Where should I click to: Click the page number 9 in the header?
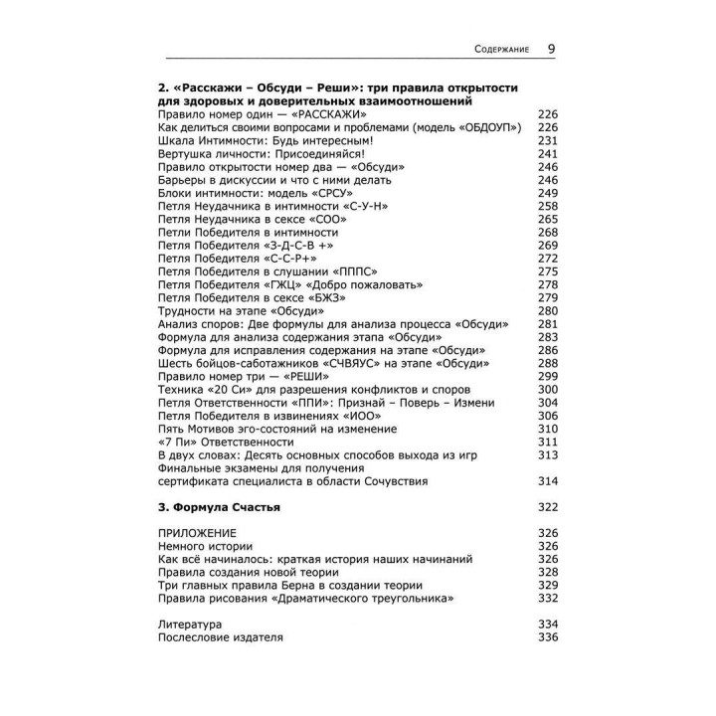tap(551, 48)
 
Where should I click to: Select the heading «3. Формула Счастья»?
tap(219, 507)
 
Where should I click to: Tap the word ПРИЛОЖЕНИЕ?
tap(196, 533)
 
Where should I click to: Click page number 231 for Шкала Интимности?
tap(548, 140)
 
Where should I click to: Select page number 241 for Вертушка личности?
tap(548, 153)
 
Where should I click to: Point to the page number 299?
tap(548, 377)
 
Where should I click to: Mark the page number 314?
tap(548, 481)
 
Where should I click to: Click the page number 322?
tap(548, 507)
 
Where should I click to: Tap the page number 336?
tap(548, 636)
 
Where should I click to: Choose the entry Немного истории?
tap(205, 546)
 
